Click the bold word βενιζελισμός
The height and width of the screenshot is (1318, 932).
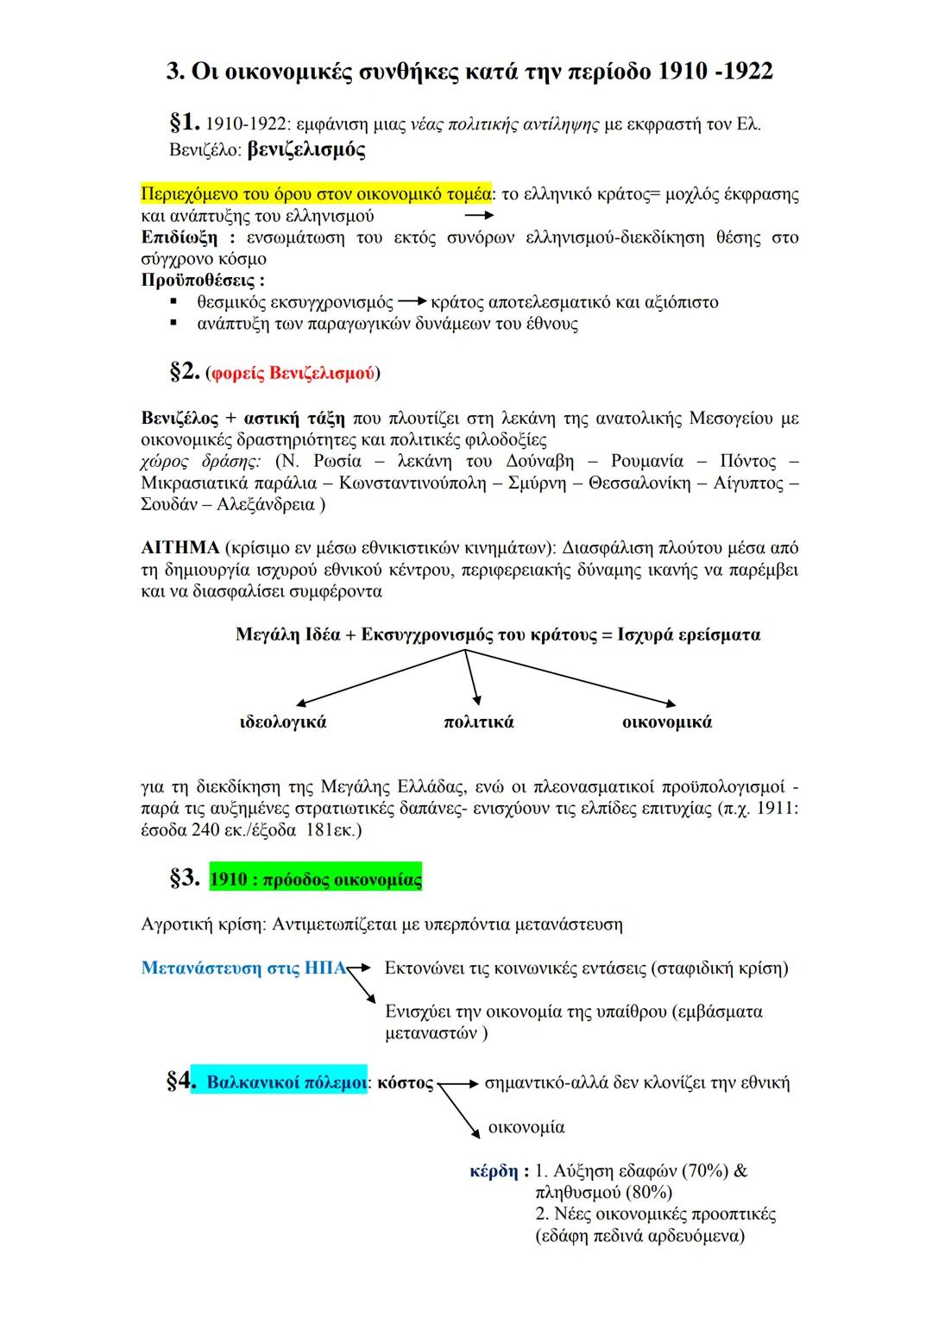tap(305, 150)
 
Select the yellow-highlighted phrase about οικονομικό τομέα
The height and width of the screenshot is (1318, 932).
tap(316, 193)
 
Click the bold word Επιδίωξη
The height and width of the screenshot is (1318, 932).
tap(179, 237)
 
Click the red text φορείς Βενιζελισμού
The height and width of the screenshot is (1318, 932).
tap(293, 374)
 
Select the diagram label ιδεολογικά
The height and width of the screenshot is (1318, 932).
tap(283, 722)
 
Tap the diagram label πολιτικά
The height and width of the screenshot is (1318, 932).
tap(478, 722)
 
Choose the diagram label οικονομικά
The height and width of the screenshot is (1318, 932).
tap(667, 722)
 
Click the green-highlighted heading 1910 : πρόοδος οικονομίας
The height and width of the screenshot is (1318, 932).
tap(315, 880)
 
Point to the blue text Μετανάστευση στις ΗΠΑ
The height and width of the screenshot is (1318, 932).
tap(243, 968)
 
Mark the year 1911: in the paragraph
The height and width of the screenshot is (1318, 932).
tap(775, 809)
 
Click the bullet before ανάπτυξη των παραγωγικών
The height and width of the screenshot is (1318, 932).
tap(174, 324)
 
